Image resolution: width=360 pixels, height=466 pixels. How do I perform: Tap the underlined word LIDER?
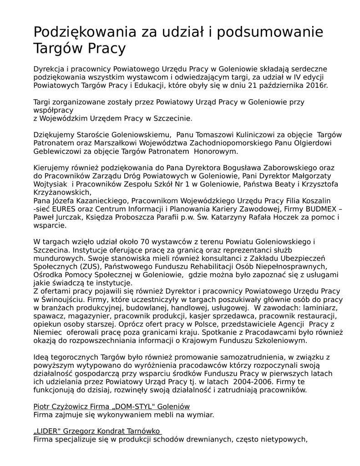48,431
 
